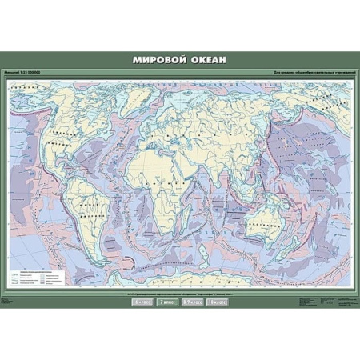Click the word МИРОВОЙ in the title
[157, 59]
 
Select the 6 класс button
[143, 303]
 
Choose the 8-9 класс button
[192, 303]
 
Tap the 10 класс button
[217, 303]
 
